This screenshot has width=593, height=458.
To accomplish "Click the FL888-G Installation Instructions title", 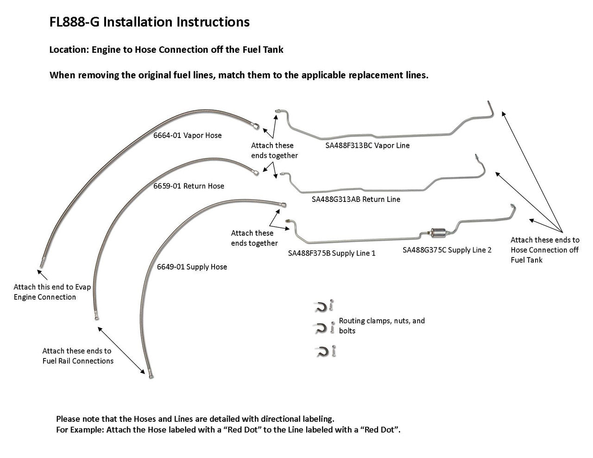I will click(149, 22).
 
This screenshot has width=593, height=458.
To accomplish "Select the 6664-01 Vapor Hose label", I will click(187, 136).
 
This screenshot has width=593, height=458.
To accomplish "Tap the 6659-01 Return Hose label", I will click(189, 186).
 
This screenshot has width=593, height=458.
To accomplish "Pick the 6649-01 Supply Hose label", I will click(192, 267).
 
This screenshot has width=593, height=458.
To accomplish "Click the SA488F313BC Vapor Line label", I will click(367, 145).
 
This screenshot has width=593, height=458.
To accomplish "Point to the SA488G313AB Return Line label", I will click(356, 200).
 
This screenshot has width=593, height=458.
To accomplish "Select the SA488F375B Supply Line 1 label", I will click(331, 253).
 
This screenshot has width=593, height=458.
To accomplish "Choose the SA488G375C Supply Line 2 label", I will click(447, 250).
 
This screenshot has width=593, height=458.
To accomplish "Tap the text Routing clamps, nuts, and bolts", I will click(382, 326).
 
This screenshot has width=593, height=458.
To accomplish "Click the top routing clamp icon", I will click(320, 306).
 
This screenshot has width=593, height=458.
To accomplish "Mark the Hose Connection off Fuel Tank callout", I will click(545, 250).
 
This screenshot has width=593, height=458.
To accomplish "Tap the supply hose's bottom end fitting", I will click(151, 374).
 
